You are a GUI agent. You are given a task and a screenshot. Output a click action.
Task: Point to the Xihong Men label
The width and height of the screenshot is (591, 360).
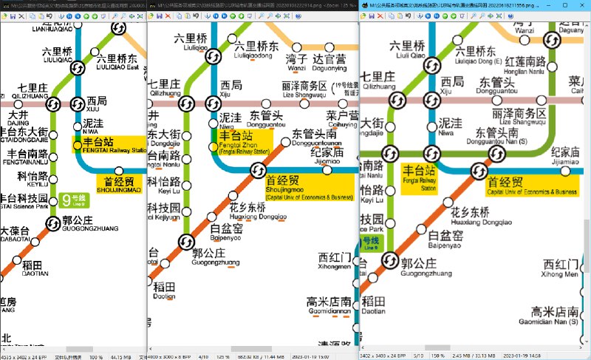pos(561,274)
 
